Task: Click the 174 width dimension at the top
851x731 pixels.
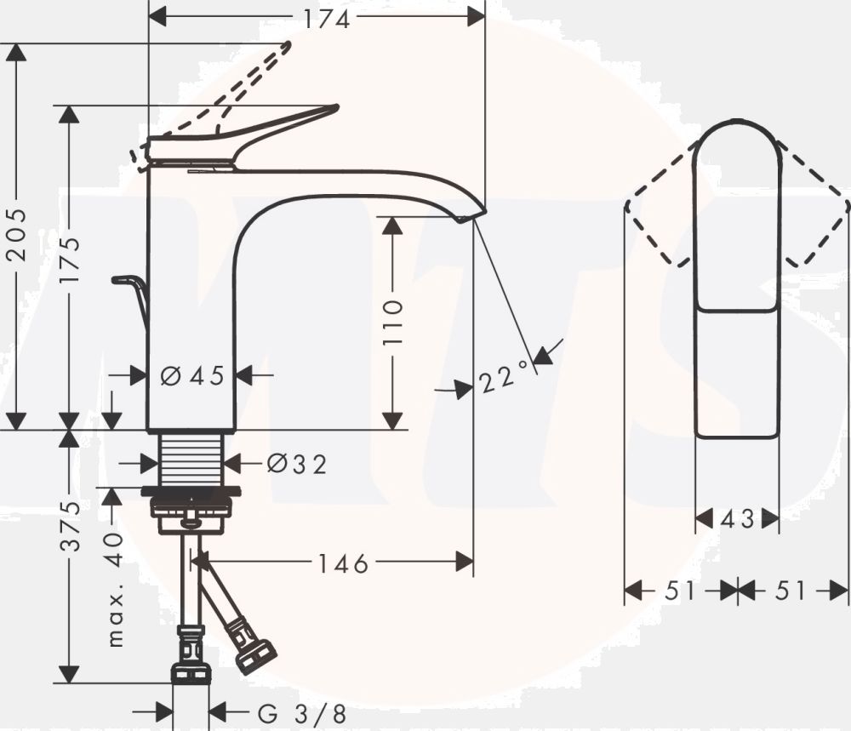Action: coord(327,19)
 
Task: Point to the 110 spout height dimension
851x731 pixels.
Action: coord(392,322)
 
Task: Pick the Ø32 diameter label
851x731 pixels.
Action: coord(296,464)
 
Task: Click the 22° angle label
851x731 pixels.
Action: coord(504,377)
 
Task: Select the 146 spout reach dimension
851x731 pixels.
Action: coord(344,563)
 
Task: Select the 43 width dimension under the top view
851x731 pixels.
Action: coord(737,518)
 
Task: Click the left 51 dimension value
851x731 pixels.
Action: coord(681,590)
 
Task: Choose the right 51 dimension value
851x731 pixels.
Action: coord(791,590)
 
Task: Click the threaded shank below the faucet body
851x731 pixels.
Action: coord(193,458)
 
